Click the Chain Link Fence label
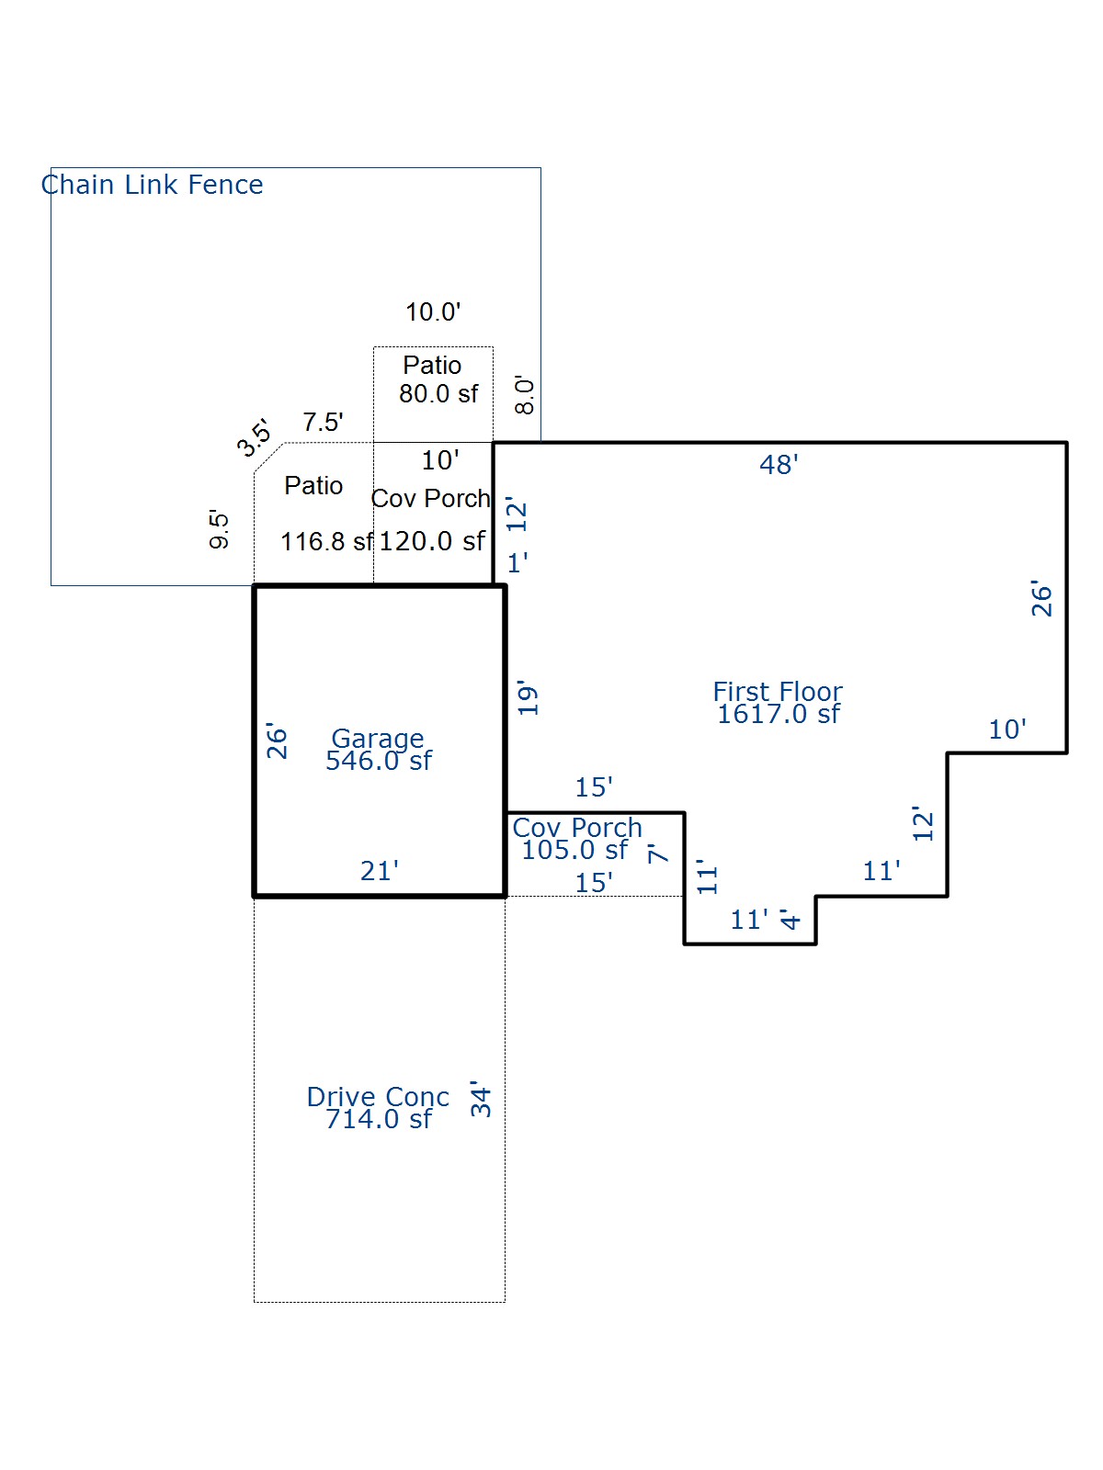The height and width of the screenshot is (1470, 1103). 153,185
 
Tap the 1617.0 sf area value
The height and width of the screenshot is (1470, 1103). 778,715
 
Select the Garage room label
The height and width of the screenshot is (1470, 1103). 378,738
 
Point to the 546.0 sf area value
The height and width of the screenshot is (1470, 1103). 378,761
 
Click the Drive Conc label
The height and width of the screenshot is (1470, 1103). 378,1096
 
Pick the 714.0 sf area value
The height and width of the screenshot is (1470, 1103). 378,1119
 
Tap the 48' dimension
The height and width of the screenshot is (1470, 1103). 779,465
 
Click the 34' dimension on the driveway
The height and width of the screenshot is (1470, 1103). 481,1099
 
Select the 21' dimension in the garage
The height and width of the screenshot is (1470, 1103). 380,871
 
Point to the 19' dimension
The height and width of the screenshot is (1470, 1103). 528,699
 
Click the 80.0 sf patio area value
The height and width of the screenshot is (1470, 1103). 438,394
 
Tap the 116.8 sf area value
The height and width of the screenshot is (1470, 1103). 326,542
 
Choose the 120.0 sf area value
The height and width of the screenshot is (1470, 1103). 432,541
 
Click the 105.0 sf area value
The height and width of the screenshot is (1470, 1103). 574,850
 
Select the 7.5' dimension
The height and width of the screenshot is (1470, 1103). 323,423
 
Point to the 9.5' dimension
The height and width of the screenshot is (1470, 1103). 220,529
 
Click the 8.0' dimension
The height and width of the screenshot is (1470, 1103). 525,395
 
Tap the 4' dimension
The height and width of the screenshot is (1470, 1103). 790,919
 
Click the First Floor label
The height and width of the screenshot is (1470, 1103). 778,691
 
